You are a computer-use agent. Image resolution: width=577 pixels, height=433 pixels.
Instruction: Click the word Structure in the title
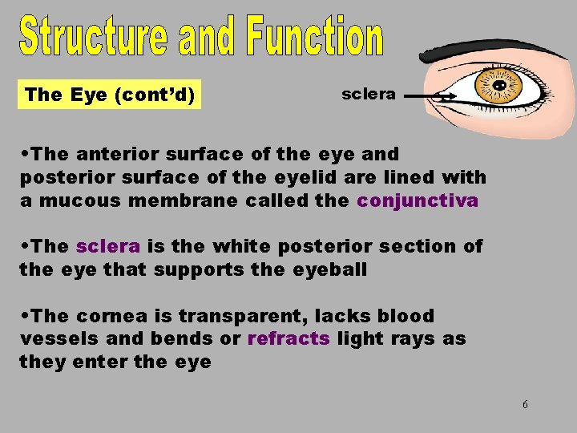point(92,37)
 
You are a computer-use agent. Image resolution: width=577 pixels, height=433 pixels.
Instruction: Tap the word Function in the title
point(315,37)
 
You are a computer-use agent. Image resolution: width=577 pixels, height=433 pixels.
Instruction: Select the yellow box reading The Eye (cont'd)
point(110,95)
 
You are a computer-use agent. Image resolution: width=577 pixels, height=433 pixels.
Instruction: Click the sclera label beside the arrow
point(368,94)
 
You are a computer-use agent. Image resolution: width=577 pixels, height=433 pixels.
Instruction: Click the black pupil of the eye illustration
point(498,85)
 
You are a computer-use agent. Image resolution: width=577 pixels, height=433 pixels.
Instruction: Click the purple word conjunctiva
point(418,200)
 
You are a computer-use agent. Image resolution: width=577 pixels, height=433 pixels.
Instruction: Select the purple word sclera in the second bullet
point(108,246)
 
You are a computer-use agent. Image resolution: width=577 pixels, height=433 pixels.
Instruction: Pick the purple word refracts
point(288,338)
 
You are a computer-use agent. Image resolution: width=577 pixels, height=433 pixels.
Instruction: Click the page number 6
point(525,404)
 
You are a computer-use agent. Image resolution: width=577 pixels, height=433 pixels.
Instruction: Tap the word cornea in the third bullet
point(109,316)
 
